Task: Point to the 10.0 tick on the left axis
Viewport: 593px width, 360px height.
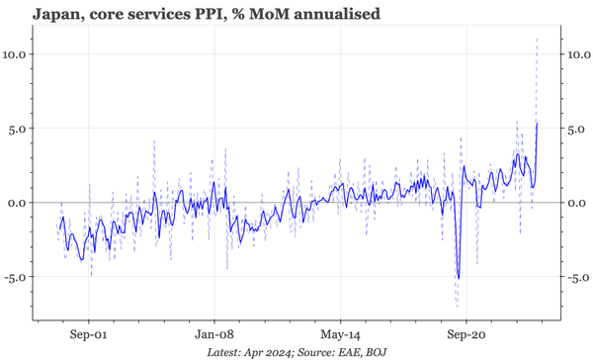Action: click(17, 53)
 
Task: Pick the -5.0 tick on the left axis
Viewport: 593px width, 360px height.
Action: click(18, 277)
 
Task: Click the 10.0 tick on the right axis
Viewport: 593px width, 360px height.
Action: click(577, 53)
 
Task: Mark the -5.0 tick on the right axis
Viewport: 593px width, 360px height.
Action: click(575, 277)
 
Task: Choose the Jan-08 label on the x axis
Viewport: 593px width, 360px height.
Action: click(214, 334)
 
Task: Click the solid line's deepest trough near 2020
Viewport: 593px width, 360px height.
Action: click(458, 279)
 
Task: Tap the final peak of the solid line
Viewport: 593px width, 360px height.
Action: click(537, 124)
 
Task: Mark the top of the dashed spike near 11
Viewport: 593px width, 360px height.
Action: click(537, 38)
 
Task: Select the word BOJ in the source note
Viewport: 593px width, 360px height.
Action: click(375, 352)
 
